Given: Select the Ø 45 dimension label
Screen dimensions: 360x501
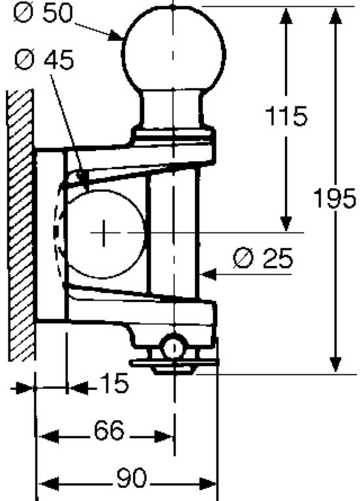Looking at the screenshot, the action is click(44, 59).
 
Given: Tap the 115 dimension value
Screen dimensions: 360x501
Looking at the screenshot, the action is click(286, 115).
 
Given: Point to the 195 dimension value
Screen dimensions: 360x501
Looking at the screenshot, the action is click(335, 198).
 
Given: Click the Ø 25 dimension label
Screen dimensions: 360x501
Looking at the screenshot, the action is click(263, 258).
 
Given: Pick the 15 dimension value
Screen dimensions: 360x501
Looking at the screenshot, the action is click(114, 383).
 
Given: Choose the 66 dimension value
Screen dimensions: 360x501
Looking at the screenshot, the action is click(109, 430).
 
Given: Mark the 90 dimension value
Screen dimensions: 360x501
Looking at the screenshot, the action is click(131, 478).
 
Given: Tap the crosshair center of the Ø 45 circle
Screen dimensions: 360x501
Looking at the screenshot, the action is click(104, 233).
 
